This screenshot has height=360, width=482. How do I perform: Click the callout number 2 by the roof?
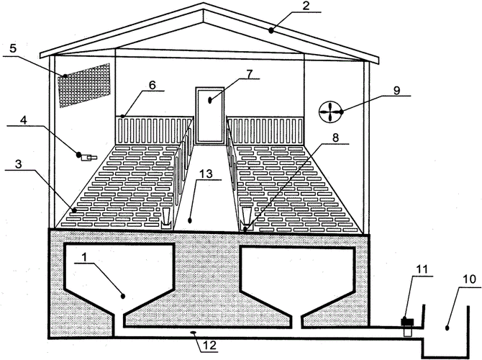pyautogui.click(x=305, y=6)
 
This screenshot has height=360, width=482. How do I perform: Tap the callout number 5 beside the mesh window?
pyautogui.click(x=13, y=49)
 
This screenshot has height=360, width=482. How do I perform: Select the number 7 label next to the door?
pyautogui.click(x=249, y=74)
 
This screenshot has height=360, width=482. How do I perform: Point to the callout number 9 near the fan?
pyautogui.click(x=397, y=91)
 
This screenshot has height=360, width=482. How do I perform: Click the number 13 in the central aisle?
pyautogui.click(x=206, y=174)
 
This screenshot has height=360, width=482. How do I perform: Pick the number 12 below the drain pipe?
pyautogui.click(x=209, y=346)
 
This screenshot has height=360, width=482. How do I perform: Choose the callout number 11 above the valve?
pyautogui.click(x=422, y=269)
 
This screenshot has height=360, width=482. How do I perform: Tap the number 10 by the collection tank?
pyautogui.click(x=469, y=279)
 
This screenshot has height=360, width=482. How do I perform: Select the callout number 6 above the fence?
pyautogui.click(x=153, y=85)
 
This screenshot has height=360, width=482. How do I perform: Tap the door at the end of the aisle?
pyautogui.click(x=210, y=116)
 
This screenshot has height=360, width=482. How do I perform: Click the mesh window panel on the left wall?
pyautogui.click(x=84, y=85)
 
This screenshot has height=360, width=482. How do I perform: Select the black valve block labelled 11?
pyautogui.click(x=408, y=322)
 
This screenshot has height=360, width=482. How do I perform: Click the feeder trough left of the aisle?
pyautogui.click(x=166, y=218)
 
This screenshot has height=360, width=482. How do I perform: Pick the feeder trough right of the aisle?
pyautogui.click(x=247, y=219)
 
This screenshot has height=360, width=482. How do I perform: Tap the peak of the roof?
pyautogui.click(x=203, y=3)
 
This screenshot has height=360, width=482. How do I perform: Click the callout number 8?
pyautogui.click(x=335, y=138)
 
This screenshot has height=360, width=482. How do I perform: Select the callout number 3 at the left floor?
pyautogui.click(x=19, y=164)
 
